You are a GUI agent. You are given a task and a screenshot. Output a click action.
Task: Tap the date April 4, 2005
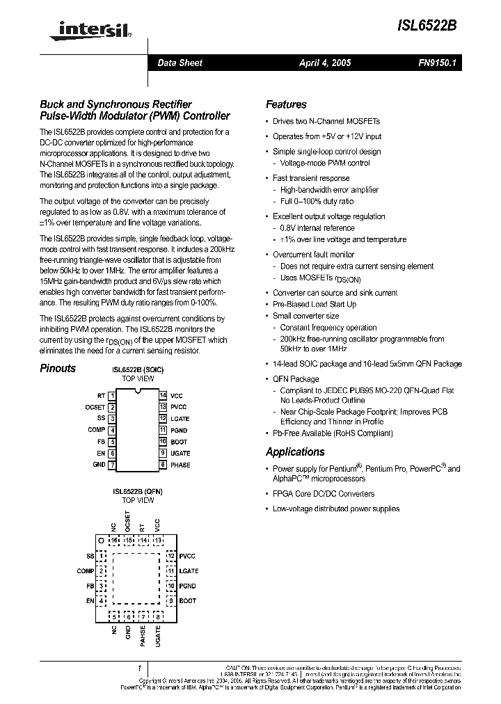325,63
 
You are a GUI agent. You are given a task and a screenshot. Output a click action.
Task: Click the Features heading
286,104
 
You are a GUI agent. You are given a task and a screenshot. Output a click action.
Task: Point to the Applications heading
295,451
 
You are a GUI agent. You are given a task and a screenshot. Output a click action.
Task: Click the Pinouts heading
58,369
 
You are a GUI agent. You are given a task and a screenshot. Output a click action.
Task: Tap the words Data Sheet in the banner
180,63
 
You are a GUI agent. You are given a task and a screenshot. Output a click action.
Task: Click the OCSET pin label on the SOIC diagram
95,407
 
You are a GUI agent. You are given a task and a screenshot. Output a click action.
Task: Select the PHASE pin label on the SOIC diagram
180,465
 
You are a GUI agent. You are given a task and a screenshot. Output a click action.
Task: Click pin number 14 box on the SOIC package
163,395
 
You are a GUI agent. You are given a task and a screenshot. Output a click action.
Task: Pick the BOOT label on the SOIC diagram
179,442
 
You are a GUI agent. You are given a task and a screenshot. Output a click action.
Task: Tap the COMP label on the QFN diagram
86,571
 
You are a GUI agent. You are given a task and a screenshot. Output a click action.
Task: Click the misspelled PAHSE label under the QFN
143,637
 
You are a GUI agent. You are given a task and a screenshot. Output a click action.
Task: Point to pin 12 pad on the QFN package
170,556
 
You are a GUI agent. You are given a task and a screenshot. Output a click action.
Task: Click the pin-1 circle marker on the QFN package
101,540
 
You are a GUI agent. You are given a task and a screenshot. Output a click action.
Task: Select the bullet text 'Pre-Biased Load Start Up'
315,304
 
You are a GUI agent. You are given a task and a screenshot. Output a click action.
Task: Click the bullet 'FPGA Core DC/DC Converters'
323,494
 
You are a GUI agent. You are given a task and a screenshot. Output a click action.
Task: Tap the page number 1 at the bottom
140,666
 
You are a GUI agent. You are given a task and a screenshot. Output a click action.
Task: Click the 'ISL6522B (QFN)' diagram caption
138,491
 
